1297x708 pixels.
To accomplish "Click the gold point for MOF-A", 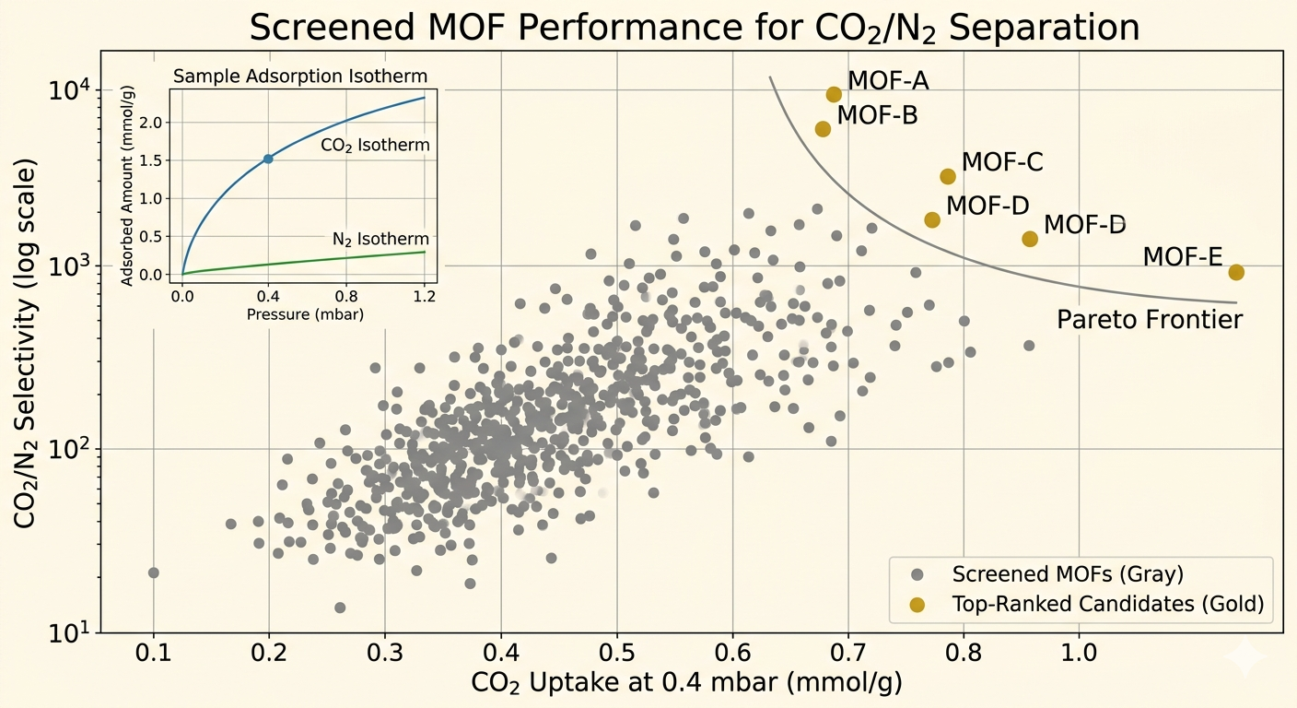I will pyautogui.click(x=834, y=94).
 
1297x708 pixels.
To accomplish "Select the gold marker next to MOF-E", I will pyautogui.click(x=1236, y=272).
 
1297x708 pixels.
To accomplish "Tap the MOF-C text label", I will pyautogui.click(x=1002, y=162).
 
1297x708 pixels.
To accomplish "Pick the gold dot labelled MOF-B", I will pyautogui.click(x=823, y=129).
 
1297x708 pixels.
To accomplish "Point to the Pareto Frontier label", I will pyautogui.click(x=1150, y=320).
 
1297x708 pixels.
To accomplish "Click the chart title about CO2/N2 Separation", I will pyautogui.click(x=695, y=28).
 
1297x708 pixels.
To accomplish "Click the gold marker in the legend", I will pyautogui.click(x=917, y=605).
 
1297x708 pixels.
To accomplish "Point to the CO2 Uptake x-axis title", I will pyautogui.click(x=685, y=684).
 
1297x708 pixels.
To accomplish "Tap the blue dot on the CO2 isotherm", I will pyautogui.click(x=268, y=159).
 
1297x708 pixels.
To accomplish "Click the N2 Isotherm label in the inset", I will pyautogui.click(x=380, y=240).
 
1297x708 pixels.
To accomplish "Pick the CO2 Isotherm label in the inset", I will pyautogui.click(x=375, y=145).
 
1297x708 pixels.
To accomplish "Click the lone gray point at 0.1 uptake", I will pyautogui.click(x=154, y=572).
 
